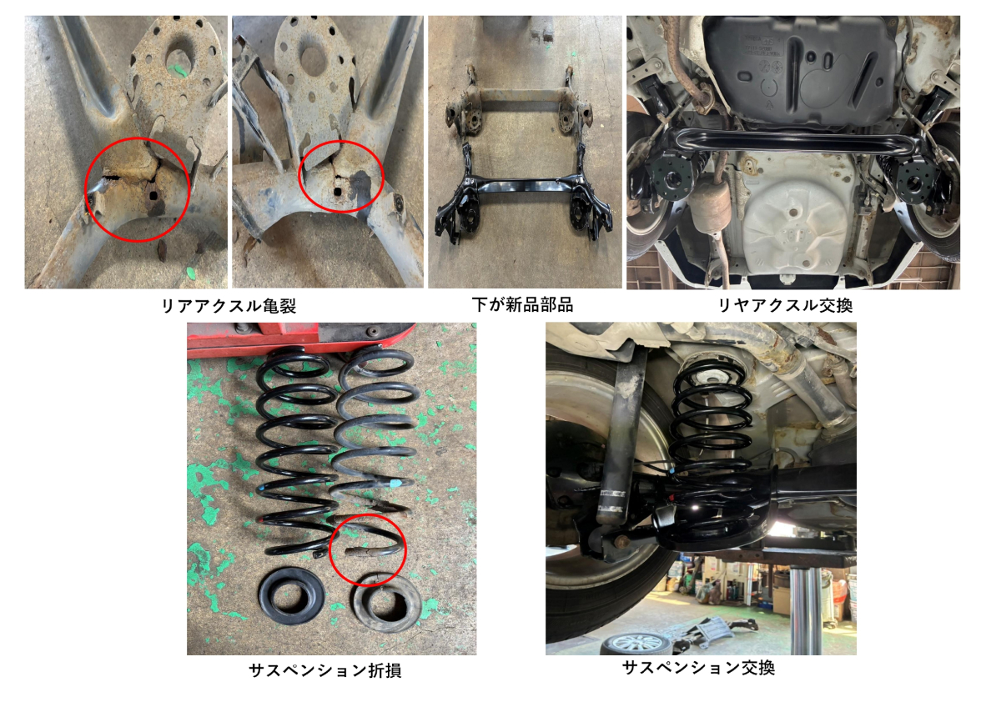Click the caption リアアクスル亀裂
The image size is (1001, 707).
coord(229,306)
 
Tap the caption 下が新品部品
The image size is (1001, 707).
coord(522,304)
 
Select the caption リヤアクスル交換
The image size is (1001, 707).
coord(785,305)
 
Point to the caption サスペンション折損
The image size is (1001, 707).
coord(324,670)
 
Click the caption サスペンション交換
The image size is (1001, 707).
coord(698,668)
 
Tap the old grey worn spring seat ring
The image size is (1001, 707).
coord(387,603)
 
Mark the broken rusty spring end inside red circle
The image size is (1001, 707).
coord(360,553)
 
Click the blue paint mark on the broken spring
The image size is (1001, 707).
coord(395,484)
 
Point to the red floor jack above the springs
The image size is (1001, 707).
coord(299,338)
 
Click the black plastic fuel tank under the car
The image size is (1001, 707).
coord(800,67)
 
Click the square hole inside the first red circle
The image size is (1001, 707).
coord(153,196)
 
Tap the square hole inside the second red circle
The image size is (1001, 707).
coord(337,192)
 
